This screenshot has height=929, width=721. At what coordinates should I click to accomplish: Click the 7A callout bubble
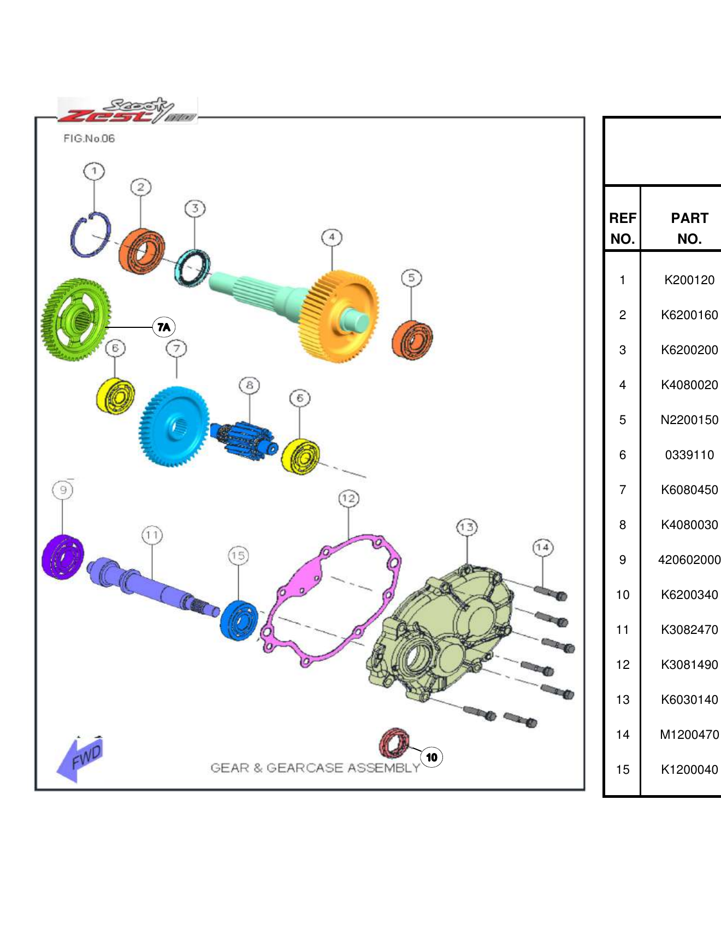coord(164,327)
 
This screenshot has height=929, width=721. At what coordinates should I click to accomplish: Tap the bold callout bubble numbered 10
coord(432,757)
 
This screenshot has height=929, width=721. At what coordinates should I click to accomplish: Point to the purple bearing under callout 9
coord(63,556)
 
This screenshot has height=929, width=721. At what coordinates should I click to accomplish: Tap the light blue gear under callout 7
coord(175,426)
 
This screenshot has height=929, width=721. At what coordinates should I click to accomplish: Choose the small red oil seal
coord(394,743)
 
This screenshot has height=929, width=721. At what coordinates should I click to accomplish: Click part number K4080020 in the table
coord(689,385)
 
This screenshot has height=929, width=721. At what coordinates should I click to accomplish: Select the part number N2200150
coord(689,420)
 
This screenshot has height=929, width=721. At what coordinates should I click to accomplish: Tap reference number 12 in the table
coord(623,665)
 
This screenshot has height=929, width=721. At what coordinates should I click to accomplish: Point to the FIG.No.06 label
coord(89,138)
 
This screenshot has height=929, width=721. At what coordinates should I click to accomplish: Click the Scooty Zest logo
coord(127,111)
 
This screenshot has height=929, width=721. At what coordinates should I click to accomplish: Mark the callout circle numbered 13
coord(466,527)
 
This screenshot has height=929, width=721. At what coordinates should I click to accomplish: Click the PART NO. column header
coord(689,228)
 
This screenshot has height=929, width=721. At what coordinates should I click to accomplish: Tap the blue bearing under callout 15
coord(239,620)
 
